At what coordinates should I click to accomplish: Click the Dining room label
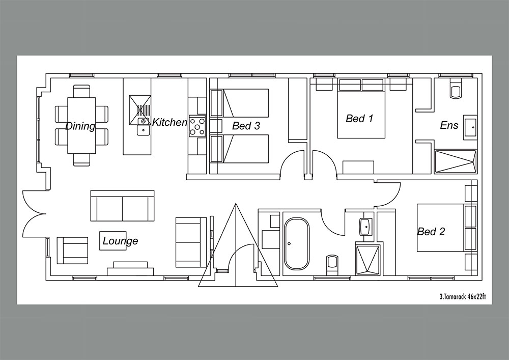coord(80,126)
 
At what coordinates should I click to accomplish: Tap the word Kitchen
coord(170,122)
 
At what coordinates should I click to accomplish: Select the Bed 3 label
coord(246,126)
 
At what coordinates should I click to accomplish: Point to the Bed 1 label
coord(359,119)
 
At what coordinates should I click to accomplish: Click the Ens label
coord(449,125)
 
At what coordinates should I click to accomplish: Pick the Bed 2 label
coord(431,232)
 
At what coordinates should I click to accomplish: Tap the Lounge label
coord(121,241)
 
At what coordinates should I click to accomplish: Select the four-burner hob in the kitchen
coord(197,126)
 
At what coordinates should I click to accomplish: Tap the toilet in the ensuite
coord(456,88)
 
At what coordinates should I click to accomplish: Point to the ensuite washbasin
coord(470,127)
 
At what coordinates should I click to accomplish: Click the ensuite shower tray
coord(456,161)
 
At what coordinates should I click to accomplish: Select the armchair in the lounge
coord(72,251)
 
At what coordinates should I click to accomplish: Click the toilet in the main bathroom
coord(332,265)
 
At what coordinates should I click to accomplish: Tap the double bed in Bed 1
coord(361,108)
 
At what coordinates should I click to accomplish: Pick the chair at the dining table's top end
coord(81,91)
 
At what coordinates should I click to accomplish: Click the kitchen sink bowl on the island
coord(143,130)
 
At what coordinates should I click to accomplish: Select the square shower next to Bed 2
coord(368,260)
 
